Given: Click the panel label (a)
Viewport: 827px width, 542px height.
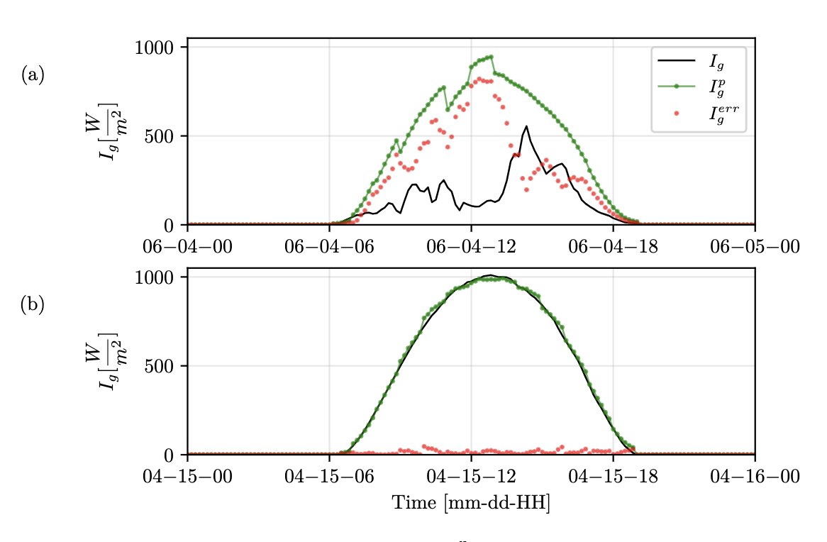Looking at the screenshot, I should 33,74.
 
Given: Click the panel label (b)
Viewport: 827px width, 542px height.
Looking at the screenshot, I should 33,304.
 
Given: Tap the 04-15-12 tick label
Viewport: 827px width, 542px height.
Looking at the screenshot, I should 471,475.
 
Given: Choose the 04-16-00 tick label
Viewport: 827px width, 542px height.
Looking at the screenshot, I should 755,475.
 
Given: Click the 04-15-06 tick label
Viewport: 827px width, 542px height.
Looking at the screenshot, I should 329,475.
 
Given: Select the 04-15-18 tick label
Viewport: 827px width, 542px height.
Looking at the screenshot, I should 613,475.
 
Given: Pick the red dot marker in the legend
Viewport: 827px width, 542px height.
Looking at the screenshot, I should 676,113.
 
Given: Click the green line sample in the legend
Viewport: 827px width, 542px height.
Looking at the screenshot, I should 676,87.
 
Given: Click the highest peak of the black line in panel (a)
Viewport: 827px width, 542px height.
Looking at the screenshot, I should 526,126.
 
